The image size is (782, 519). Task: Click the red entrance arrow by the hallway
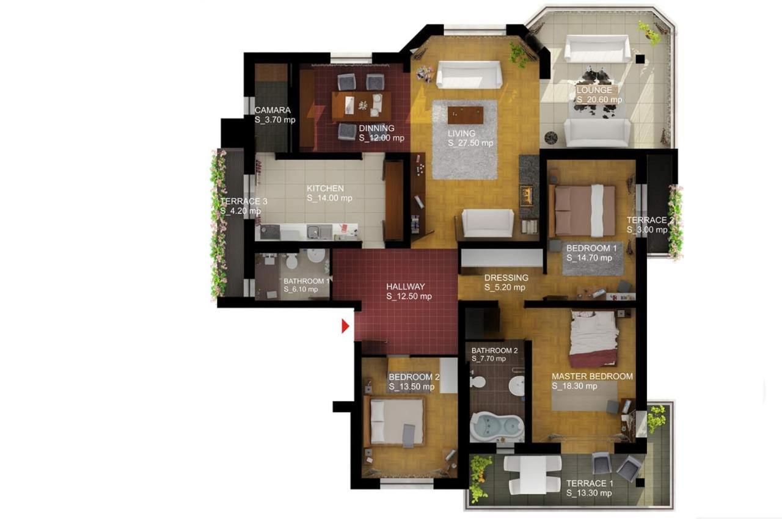coord(345,326)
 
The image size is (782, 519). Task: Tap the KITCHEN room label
coord(326,188)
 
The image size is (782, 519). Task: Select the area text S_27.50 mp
coord(470,143)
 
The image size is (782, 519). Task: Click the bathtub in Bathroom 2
coord(497,427)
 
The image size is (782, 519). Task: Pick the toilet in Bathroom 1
coord(291,261)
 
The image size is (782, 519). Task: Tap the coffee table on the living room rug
coord(466,115)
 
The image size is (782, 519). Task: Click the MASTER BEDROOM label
coord(592,376)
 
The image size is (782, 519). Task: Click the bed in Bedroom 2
coord(394,421)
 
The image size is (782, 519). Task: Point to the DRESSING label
coord(506,278)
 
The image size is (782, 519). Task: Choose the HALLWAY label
coord(406,287)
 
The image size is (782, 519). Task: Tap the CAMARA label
coord(272,111)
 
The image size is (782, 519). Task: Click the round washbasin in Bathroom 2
coord(516,386)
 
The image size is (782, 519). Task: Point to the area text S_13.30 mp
coord(589,493)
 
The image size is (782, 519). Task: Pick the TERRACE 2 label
coord(650,220)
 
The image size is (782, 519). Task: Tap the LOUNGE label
coord(594,90)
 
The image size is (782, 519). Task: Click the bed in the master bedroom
coord(594,338)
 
